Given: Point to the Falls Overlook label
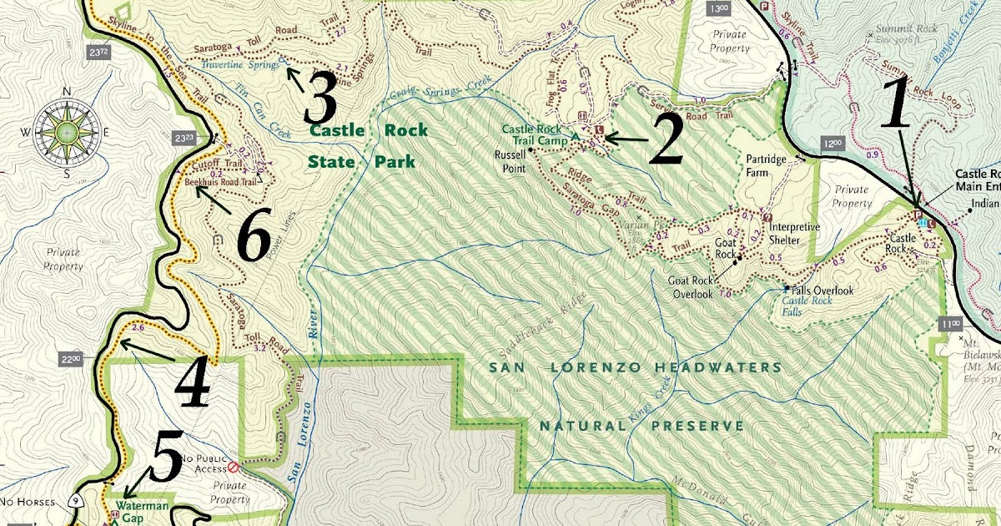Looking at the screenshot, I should pyautogui.click(x=822, y=290).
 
